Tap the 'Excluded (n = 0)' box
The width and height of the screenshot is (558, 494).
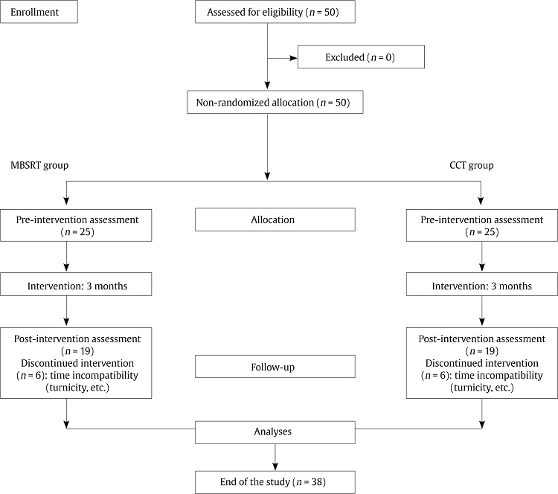pos(360,57)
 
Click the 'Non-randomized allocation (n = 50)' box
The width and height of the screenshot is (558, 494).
pos(275,103)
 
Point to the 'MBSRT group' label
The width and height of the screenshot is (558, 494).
pos(39,164)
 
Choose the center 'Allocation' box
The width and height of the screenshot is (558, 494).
pos(275,219)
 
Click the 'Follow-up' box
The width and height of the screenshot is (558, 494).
pos(275,367)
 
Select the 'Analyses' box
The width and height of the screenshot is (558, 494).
pos(275,430)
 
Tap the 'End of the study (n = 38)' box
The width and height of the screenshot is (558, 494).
pos(275,482)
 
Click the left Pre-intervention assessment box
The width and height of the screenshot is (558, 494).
pos(80,225)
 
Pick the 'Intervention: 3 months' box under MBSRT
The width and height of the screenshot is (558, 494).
pos(80,285)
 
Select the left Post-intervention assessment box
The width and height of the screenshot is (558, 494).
pos(80,362)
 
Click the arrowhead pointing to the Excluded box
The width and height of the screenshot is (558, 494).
pos(292,57)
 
